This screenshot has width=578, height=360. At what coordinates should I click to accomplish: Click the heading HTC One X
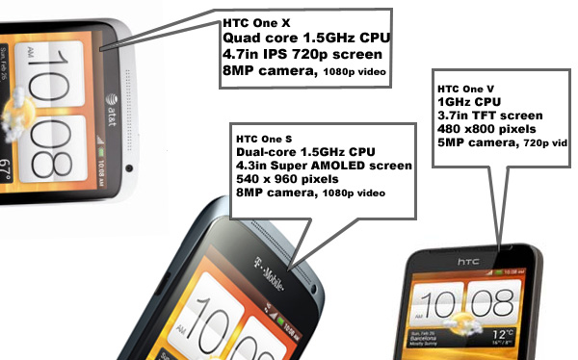coord(256,23)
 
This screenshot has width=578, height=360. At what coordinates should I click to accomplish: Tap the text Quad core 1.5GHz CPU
coord(306,38)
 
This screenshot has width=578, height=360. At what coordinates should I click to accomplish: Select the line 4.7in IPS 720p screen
coord(302,55)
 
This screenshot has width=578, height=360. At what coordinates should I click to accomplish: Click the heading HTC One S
coord(264,140)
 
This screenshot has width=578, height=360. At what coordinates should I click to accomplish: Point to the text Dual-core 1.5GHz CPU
coord(305,152)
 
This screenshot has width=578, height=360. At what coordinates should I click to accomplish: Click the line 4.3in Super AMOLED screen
coord(324,166)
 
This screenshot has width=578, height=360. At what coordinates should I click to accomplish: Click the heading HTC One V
coord(465,90)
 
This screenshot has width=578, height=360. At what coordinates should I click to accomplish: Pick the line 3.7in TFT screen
coord(490,116)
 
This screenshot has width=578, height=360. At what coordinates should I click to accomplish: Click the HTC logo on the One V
coord(468,262)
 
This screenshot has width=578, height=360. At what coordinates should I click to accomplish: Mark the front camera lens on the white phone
coord(129,168)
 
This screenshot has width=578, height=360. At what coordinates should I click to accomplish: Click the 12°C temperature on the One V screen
coord(503,335)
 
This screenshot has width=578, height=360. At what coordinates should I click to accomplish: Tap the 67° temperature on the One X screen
coord(7,170)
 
